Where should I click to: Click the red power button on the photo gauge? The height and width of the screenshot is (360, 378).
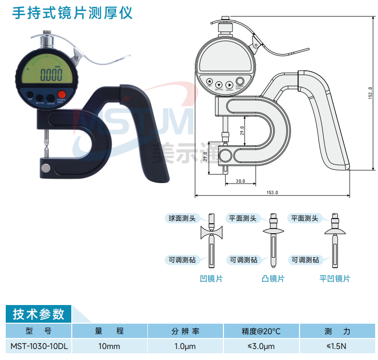pyautogui.click(x=61, y=94)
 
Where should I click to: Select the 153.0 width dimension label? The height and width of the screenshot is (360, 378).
pyautogui.click(x=272, y=192)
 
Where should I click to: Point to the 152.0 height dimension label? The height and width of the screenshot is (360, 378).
pyautogui.click(x=370, y=91)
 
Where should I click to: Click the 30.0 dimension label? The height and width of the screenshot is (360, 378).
pyautogui.click(x=240, y=181)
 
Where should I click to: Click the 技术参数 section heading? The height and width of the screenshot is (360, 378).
pyautogui.click(x=38, y=314)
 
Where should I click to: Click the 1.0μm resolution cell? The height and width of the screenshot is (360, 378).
pyautogui.click(x=185, y=346)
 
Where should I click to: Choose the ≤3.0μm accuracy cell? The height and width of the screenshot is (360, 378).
pyautogui.click(x=261, y=346)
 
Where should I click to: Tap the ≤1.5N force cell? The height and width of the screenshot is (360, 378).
pyautogui.click(x=337, y=346)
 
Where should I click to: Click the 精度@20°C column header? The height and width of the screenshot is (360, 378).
pyautogui.click(x=261, y=331)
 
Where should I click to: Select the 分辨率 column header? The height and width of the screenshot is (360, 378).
pyautogui.click(x=185, y=331)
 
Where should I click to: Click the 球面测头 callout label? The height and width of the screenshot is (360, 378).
pyautogui.click(x=182, y=218)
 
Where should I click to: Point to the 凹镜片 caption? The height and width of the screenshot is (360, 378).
pyautogui.click(x=211, y=278)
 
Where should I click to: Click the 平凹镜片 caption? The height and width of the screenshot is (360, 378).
pyautogui.click(x=334, y=278)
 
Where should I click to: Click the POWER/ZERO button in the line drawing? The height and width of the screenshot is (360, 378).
pyautogui.click(x=240, y=81)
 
